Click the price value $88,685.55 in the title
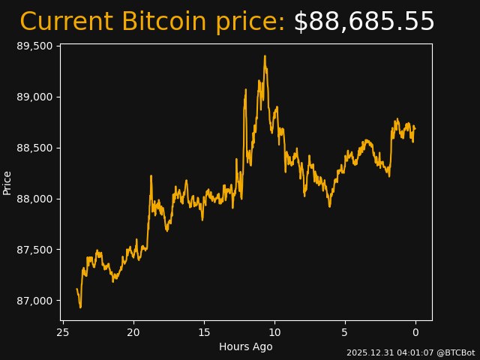click(x=364, y=22)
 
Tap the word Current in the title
click(x=67, y=22)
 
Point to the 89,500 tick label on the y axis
click(x=34, y=46)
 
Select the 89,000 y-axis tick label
click(x=34, y=97)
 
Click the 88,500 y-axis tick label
click(x=34, y=148)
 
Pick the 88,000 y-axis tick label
click(x=34, y=199)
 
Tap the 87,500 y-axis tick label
click(x=34, y=250)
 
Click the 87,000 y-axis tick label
click(x=34, y=301)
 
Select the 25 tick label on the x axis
click(x=63, y=332)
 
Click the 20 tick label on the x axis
click(x=133, y=332)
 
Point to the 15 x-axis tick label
click(x=204, y=332)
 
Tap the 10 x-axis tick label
click(x=274, y=332)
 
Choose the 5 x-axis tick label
click(x=345, y=332)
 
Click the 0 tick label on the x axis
click(x=415, y=332)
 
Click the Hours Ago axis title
click(x=246, y=346)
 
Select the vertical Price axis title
click(x=7, y=182)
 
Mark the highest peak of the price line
click(x=265, y=55)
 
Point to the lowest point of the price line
click(x=80, y=307)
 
